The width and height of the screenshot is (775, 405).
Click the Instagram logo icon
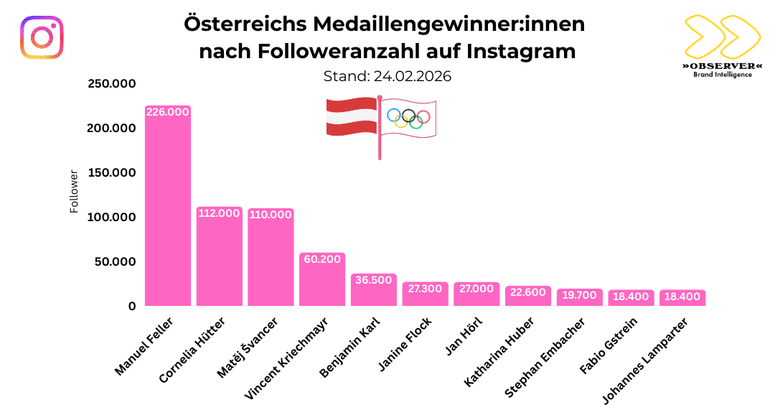click(x=42, y=37)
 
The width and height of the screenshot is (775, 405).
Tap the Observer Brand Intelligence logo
click(x=721, y=44)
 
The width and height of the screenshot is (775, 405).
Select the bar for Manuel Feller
click(x=168, y=208)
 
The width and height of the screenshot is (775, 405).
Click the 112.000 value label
click(x=219, y=214)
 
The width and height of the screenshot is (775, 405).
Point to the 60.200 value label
click(x=322, y=259)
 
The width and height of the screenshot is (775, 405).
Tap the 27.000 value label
click(x=476, y=289)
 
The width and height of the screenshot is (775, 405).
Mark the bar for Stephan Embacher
click(x=579, y=299)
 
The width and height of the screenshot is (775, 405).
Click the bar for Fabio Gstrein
click(x=631, y=299)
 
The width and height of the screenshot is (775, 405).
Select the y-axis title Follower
click(x=74, y=192)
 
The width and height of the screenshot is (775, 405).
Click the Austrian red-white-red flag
click(x=352, y=117)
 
